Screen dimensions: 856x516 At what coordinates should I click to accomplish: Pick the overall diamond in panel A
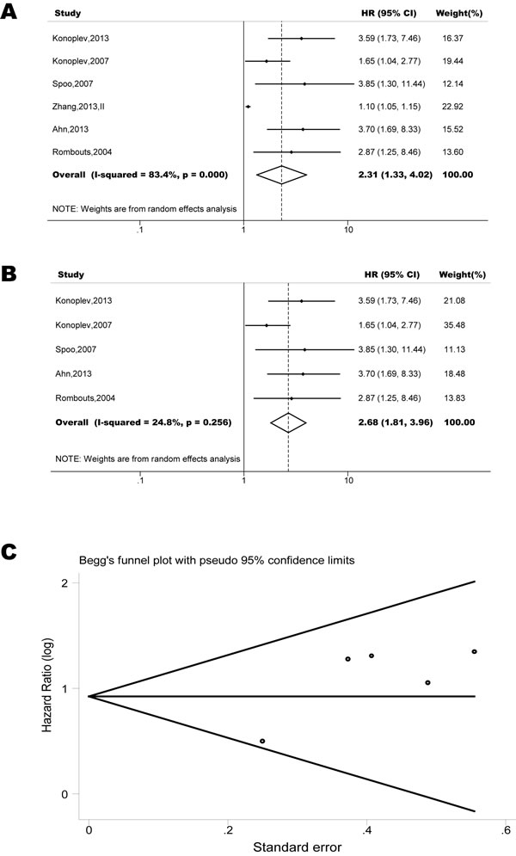[x=281, y=175]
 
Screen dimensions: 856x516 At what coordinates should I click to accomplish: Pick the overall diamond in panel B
[x=288, y=422]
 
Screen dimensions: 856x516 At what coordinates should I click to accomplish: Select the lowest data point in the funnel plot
[x=262, y=741]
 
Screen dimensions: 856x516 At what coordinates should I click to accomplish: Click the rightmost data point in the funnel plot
[x=474, y=651]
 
